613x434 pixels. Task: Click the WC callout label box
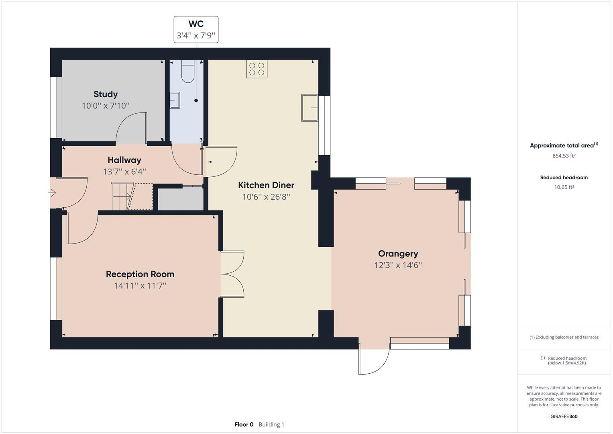tap(196, 30)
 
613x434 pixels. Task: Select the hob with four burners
tap(257, 69)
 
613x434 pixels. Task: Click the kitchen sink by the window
tap(310, 108)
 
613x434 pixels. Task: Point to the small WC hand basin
tap(175, 100)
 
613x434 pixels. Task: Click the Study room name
tap(106, 94)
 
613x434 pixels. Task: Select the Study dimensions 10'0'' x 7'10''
tap(106, 106)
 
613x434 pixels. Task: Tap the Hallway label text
tap(124, 160)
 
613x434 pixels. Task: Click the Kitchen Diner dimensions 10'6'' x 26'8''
tap(266, 197)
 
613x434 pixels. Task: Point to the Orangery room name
tap(398, 254)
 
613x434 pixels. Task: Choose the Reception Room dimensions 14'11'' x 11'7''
tap(140, 286)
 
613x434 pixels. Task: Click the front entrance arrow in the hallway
tap(52, 193)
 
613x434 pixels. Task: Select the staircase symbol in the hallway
tap(122, 196)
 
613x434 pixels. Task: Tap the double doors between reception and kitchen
tap(232, 274)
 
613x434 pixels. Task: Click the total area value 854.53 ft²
tap(564, 156)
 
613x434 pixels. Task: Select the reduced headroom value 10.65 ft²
tap(564, 187)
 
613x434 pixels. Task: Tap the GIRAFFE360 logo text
tap(564, 416)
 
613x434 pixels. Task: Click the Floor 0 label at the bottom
tap(244, 424)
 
